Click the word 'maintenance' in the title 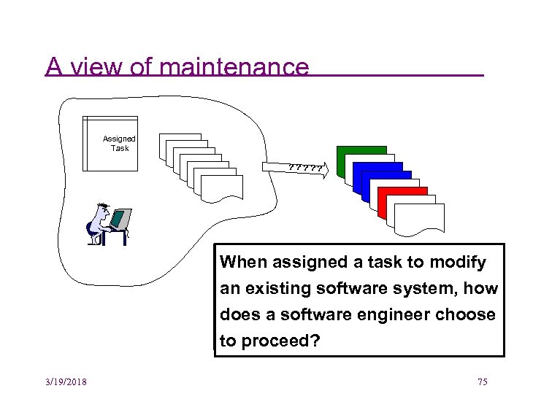pos(233,67)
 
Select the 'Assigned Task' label pos(119,143)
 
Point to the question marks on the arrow pos(305,169)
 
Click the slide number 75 pos(482,382)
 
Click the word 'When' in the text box pos(242,262)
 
